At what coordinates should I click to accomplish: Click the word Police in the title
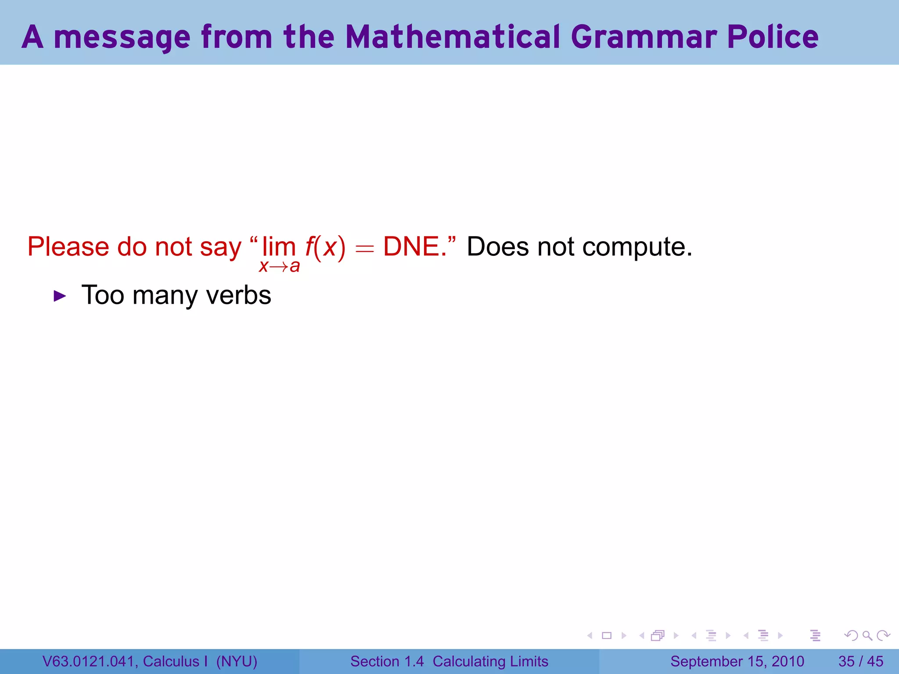773,37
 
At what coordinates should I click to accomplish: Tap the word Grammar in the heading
644,37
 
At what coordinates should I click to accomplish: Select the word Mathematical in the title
453,37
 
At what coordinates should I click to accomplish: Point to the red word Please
68,247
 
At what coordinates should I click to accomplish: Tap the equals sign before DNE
364,249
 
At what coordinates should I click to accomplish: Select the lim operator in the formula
279,247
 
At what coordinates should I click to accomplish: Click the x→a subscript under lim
279,266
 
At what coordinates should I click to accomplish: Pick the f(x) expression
325,247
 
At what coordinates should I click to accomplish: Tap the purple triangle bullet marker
60,296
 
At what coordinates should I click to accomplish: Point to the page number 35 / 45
861,661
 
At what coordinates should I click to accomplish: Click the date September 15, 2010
737,661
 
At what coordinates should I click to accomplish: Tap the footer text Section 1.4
387,661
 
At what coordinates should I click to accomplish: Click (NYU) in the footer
237,661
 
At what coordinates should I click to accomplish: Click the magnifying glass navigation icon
867,635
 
